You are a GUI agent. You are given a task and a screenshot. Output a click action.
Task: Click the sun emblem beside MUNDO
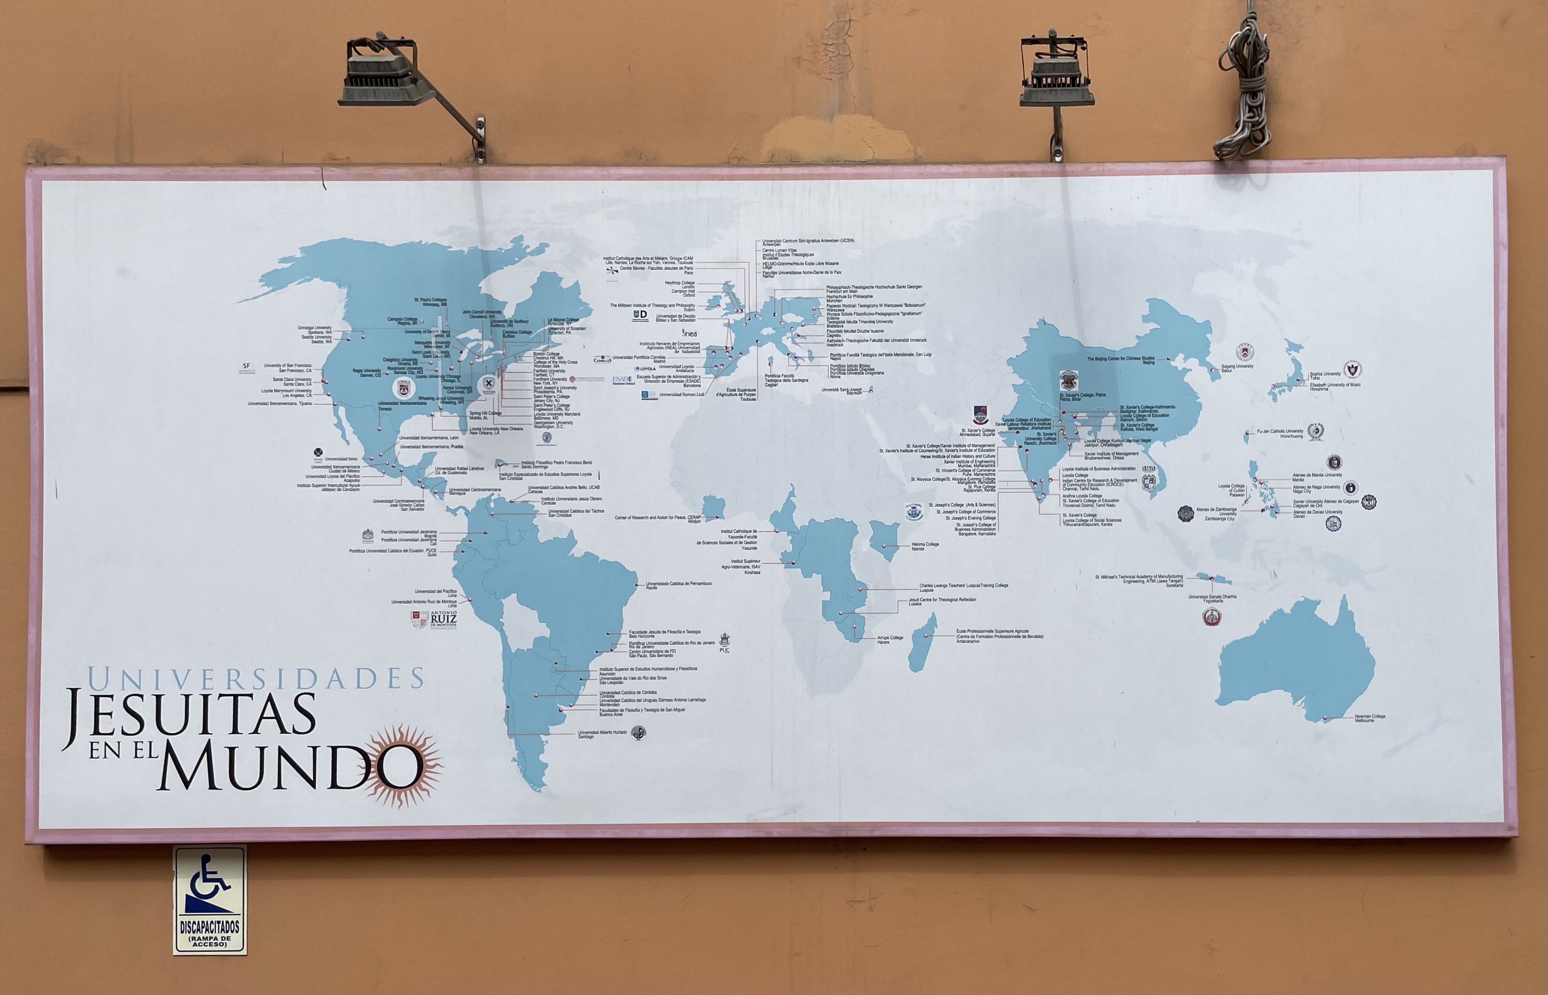pos(403,766)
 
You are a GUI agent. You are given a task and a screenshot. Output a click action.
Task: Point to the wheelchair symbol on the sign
pos(209,882)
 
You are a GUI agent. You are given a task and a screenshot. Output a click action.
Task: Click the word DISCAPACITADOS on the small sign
pos(210,927)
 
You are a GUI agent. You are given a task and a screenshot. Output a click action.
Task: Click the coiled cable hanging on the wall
pos(1243,91)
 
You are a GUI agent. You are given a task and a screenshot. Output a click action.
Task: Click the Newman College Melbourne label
pos(1370,718)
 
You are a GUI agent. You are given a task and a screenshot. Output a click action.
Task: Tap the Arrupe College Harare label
pos(890,639)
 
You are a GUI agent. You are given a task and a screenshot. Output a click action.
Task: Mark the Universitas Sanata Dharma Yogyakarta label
pos(1212,598)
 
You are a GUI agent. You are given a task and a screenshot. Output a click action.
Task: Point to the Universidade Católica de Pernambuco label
pos(679,585)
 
